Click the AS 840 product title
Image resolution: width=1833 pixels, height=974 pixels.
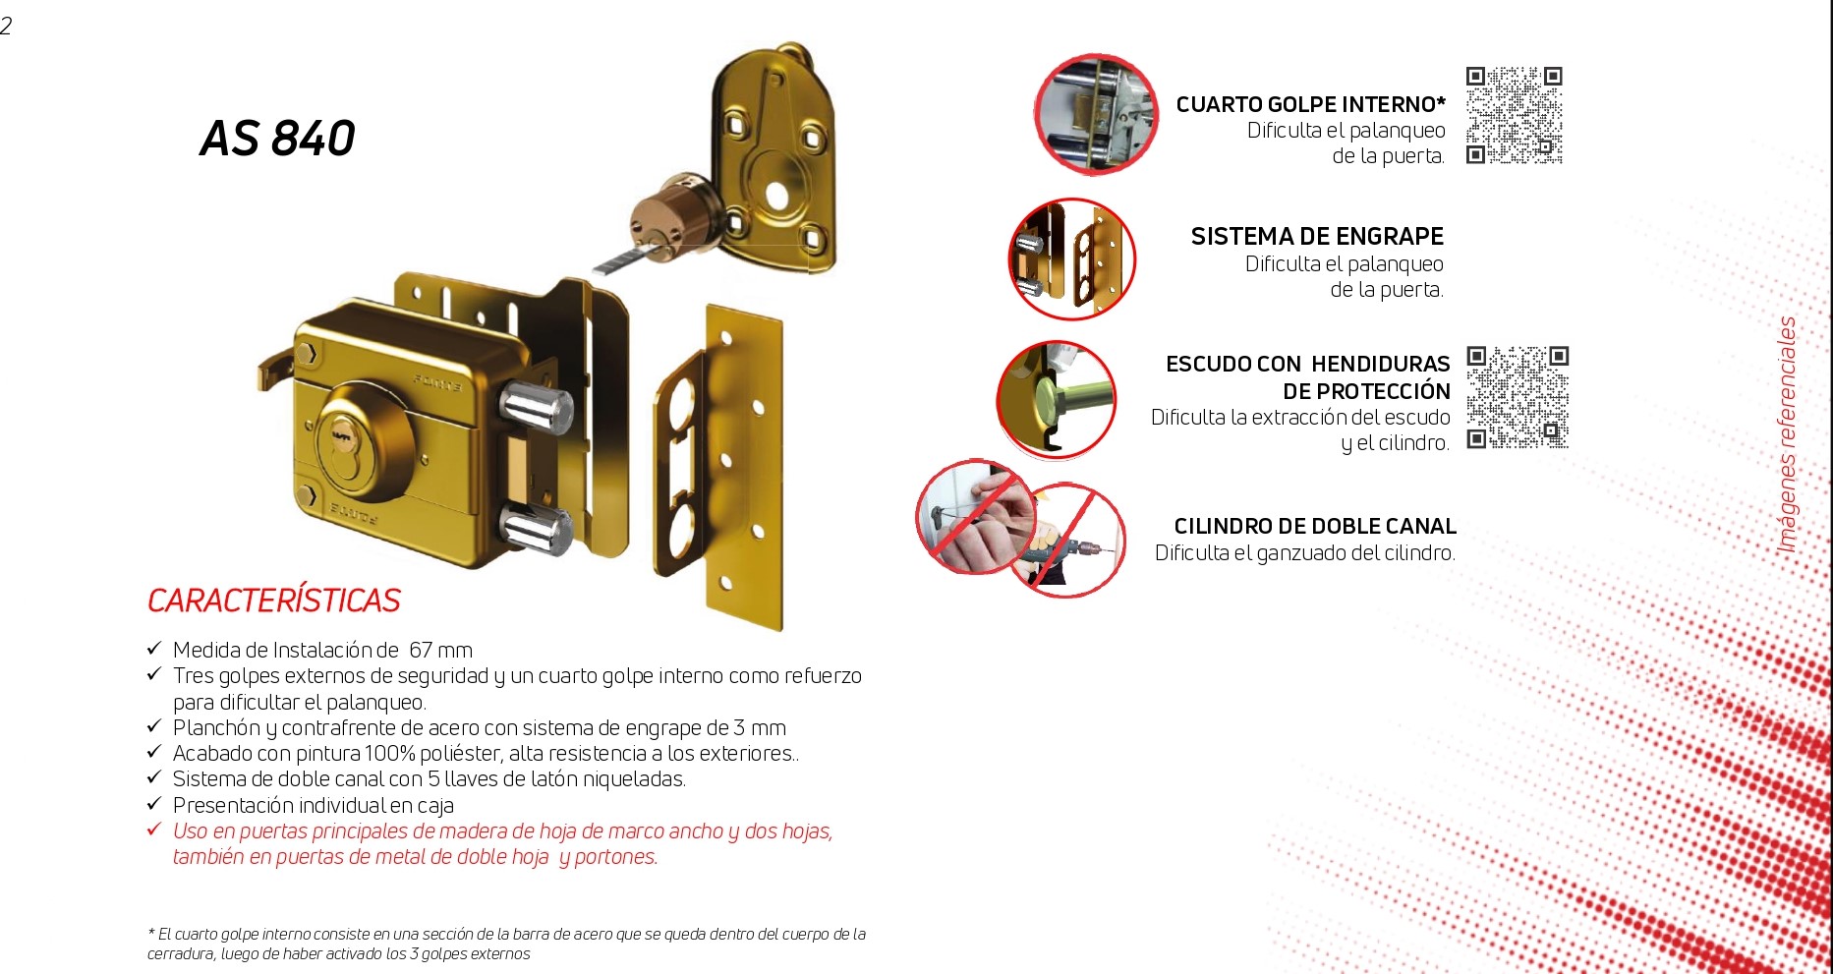[277, 139]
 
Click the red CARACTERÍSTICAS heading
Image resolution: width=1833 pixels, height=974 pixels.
[274, 601]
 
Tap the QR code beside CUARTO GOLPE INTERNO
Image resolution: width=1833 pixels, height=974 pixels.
[1514, 115]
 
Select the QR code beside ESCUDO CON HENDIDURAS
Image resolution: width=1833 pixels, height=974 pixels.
[1518, 397]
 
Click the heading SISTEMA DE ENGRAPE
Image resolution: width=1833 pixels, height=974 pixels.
[1317, 237]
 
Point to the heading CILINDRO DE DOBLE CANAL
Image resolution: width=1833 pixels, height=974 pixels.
[1315, 527]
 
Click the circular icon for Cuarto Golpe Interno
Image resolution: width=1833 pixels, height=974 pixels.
[1096, 115]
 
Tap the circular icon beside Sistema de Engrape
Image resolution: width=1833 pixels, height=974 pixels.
[1072, 259]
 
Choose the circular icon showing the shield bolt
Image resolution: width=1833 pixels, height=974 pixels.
[1057, 400]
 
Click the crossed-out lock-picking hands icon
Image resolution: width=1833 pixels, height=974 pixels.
[976, 517]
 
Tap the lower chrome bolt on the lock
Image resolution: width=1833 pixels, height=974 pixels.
[536, 531]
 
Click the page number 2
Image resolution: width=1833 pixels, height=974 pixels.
[6, 26]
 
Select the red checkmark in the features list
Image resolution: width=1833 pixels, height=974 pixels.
[154, 830]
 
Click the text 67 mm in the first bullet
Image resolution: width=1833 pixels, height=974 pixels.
[441, 650]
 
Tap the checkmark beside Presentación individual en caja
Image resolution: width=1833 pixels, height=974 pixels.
[154, 804]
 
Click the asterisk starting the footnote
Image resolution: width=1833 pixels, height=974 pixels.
[151, 933]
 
